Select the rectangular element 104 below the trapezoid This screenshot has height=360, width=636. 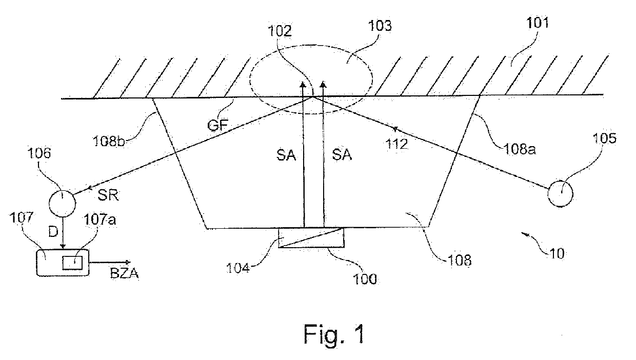click(x=311, y=238)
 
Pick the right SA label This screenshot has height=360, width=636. click(x=342, y=155)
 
